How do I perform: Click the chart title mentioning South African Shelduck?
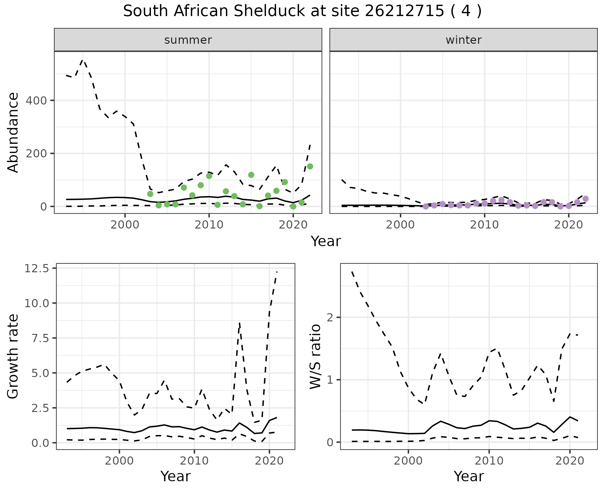[302, 11]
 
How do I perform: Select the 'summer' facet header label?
[188, 40]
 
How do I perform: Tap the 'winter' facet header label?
[464, 40]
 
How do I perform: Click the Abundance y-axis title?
[13, 133]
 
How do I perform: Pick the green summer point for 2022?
[310, 166]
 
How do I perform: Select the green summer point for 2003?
[150, 194]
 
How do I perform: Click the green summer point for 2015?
[251, 175]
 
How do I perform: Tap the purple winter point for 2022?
[586, 199]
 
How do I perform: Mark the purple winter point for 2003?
[426, 206]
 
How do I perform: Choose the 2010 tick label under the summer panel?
[209, 225]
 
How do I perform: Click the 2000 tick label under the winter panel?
[400, 225]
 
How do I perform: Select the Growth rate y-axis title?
[13, 357]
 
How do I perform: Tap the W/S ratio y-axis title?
[315, 357]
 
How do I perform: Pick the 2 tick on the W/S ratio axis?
[330, 317]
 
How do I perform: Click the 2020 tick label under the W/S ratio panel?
[570, 461]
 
